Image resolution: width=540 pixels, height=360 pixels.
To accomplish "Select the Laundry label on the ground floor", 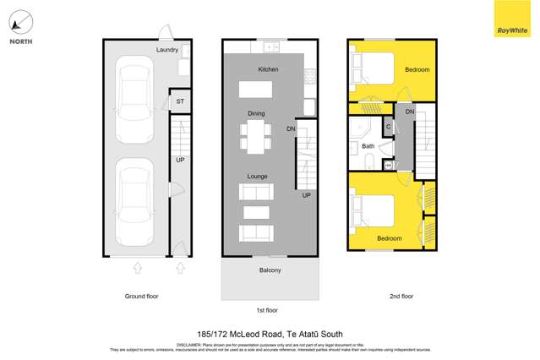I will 167,50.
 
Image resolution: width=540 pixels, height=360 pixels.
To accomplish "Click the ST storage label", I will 179,102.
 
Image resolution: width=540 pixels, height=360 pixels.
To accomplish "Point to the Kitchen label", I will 268,69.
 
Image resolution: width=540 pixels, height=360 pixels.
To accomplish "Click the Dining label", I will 256,112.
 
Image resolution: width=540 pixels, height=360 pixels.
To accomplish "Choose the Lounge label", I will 257,176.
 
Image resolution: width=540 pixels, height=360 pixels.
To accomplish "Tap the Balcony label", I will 270,270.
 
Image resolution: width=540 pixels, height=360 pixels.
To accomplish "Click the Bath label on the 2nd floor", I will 368,146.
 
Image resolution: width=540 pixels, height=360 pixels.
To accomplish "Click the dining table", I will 256,135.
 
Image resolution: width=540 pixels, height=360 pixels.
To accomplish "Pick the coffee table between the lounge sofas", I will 256,211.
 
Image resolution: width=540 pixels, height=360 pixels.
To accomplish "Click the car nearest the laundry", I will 135,89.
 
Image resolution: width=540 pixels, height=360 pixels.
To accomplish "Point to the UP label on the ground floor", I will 180,160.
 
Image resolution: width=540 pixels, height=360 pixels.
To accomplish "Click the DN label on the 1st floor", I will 291,129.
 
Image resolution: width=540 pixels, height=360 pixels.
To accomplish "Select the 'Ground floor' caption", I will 141,297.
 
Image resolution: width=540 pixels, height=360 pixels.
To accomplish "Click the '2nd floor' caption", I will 401,297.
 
